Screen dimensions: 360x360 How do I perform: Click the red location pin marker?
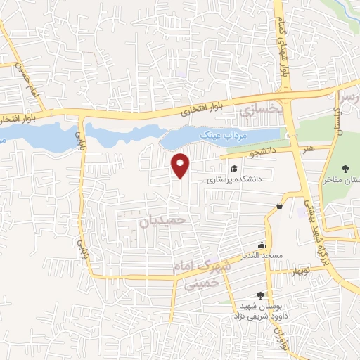click(181, 165)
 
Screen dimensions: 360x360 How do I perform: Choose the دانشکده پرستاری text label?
click(234, 179)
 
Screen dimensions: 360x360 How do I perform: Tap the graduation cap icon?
click(233, 168)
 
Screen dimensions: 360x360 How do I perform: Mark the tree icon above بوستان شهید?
click(261, 295)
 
